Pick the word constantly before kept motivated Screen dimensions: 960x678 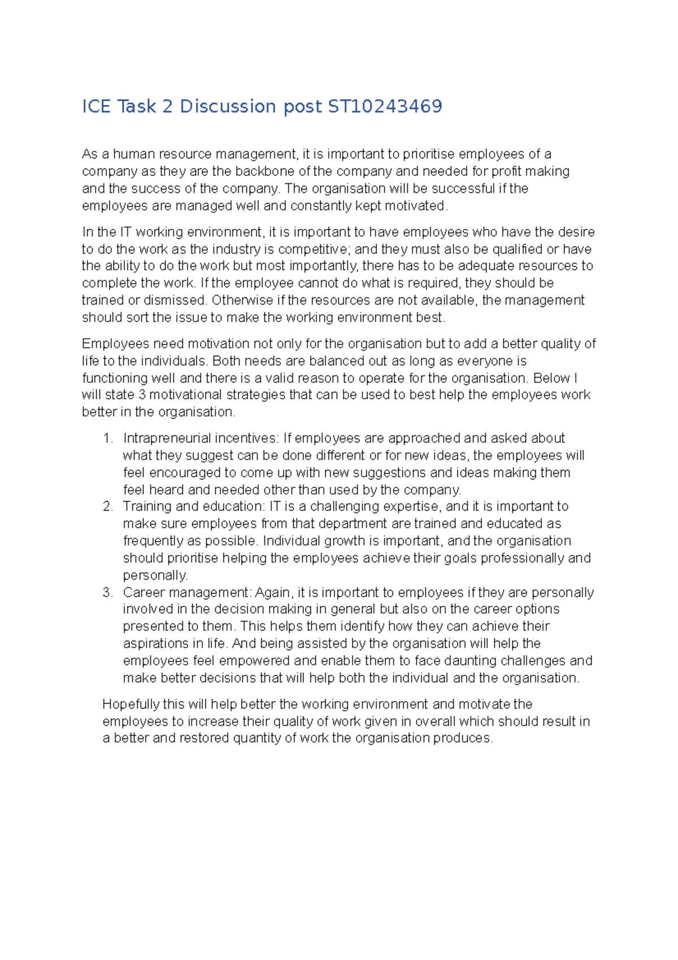pos(321,206)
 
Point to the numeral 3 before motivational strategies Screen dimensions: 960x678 pos(142,395)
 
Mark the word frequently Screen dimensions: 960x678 pos(151,541)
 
